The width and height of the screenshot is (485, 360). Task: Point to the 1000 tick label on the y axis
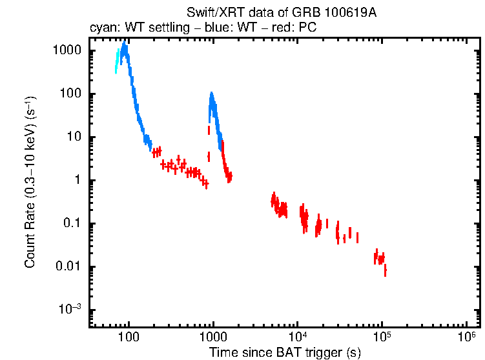click(x=67, y=50)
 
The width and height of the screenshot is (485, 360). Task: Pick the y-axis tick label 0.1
click(x=72, y=224)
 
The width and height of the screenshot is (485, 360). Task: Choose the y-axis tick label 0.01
click(x=68, y=267)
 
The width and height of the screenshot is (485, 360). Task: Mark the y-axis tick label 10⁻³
click(x=70, y=310)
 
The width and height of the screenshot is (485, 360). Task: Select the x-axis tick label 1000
click(x=212, y=337)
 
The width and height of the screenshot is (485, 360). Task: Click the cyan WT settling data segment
click(x=117, y=62)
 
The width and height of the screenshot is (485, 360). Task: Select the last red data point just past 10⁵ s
click(x=385, y=271)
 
